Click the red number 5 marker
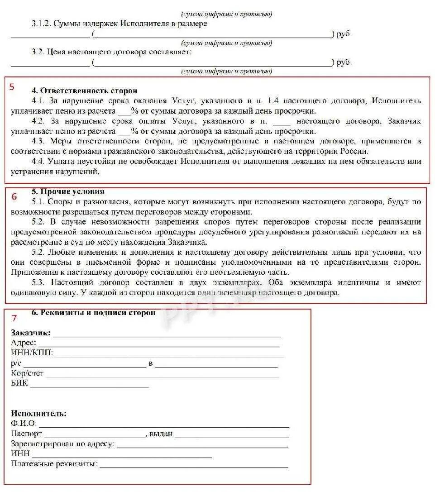pos(12,87)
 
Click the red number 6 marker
pos(14,196)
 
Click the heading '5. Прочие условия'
pos(68,191)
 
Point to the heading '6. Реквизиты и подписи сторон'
pos(93,313)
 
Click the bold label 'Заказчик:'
pos(30,334)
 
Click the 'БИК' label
pos(19,383)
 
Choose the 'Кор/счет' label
pos(27,373)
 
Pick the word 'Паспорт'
pos(26,434)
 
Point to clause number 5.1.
pos(38,202)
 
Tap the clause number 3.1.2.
pos(41,24)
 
